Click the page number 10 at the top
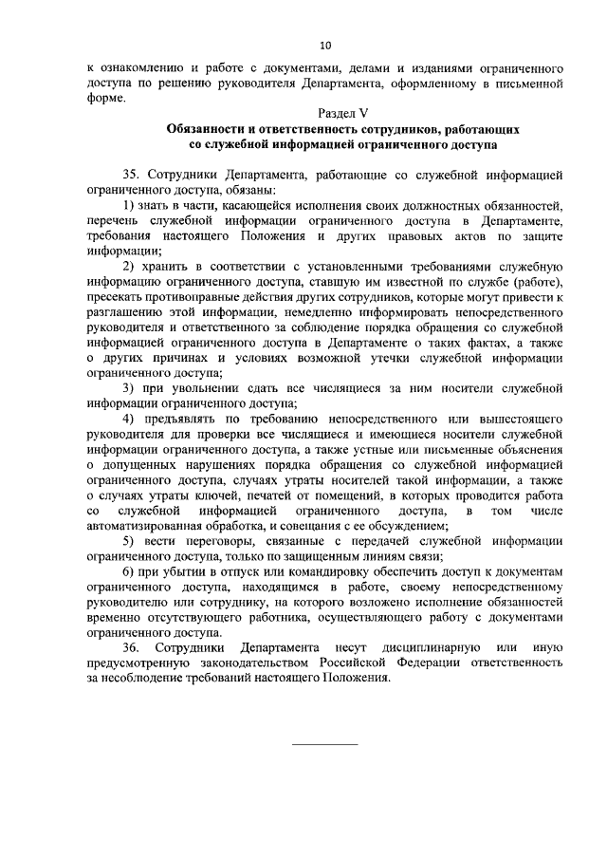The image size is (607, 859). click(325, 45)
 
